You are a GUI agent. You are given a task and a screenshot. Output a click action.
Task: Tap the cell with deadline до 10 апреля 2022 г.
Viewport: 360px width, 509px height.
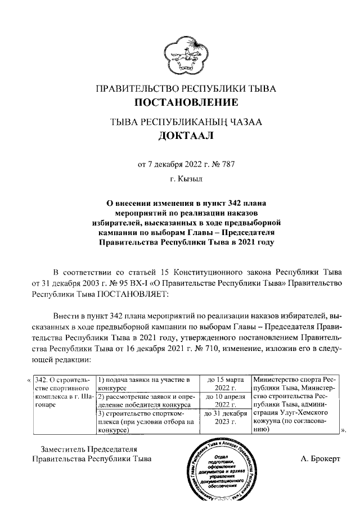[225, 402]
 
